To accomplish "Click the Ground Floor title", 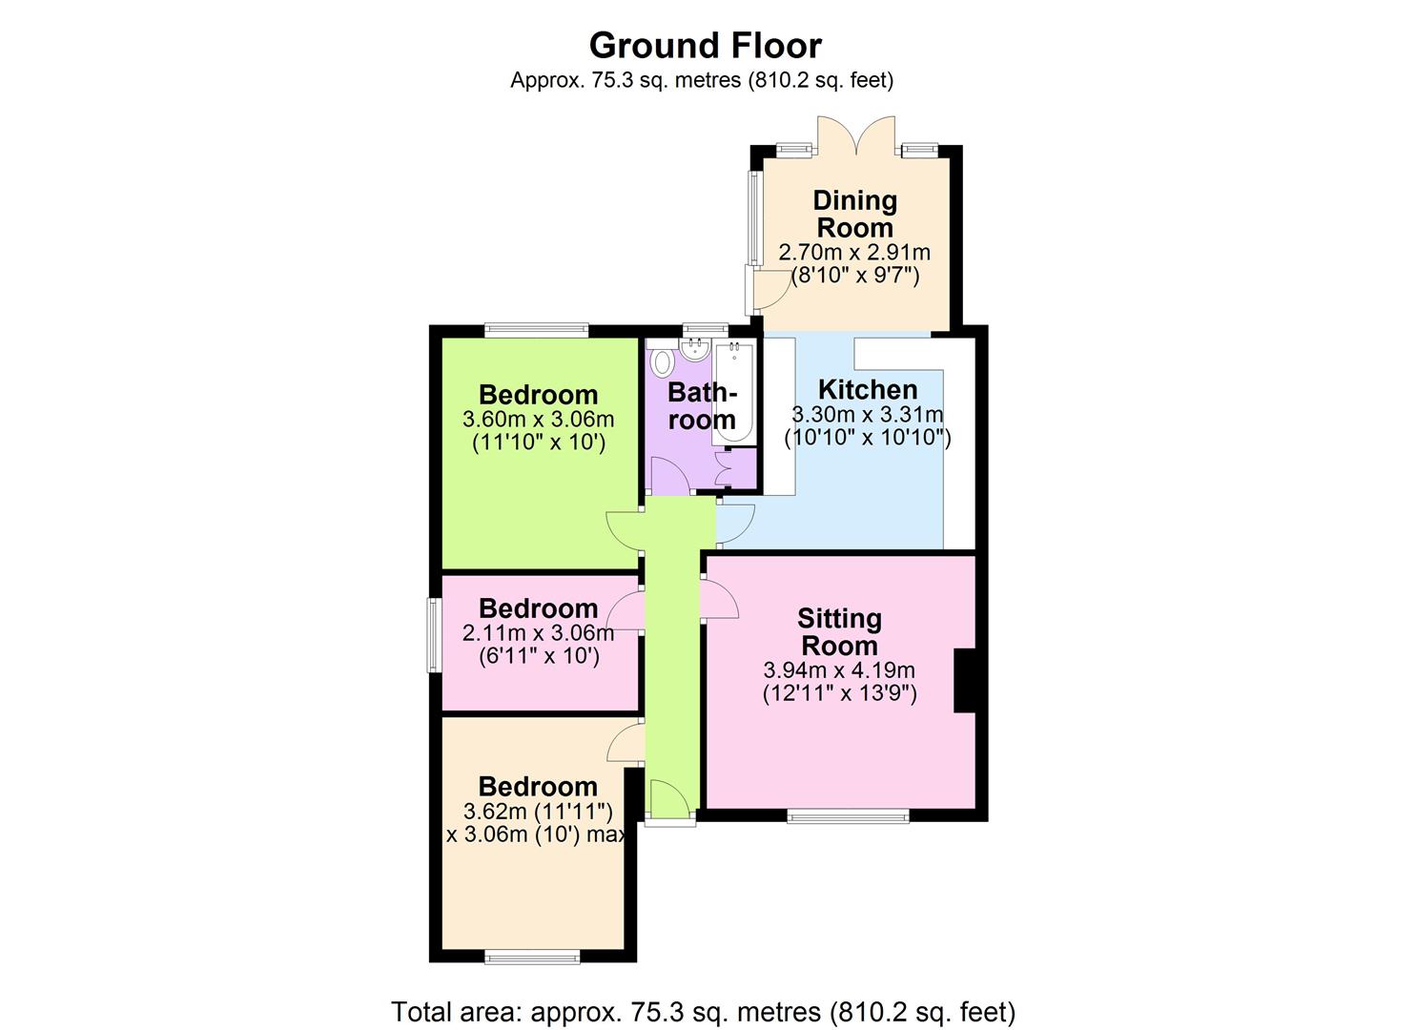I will [705, 45].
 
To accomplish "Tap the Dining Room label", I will [854, 215].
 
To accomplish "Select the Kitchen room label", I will [868, 389].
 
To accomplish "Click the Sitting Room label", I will [839, 632].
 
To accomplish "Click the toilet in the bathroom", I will [662, 362].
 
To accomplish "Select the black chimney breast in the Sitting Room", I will [965, 680].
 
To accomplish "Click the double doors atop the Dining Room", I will [856, 134].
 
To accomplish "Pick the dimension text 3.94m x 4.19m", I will [839, 670].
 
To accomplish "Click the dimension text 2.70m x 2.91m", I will [854, 253].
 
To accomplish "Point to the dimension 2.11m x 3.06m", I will [538, 632].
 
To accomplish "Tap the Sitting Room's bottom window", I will [848, 815].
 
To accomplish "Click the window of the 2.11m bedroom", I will [434, 634].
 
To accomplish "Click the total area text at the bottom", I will [704, 1011].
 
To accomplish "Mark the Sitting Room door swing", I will [721, 601].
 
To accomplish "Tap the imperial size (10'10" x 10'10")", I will [868, 439].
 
